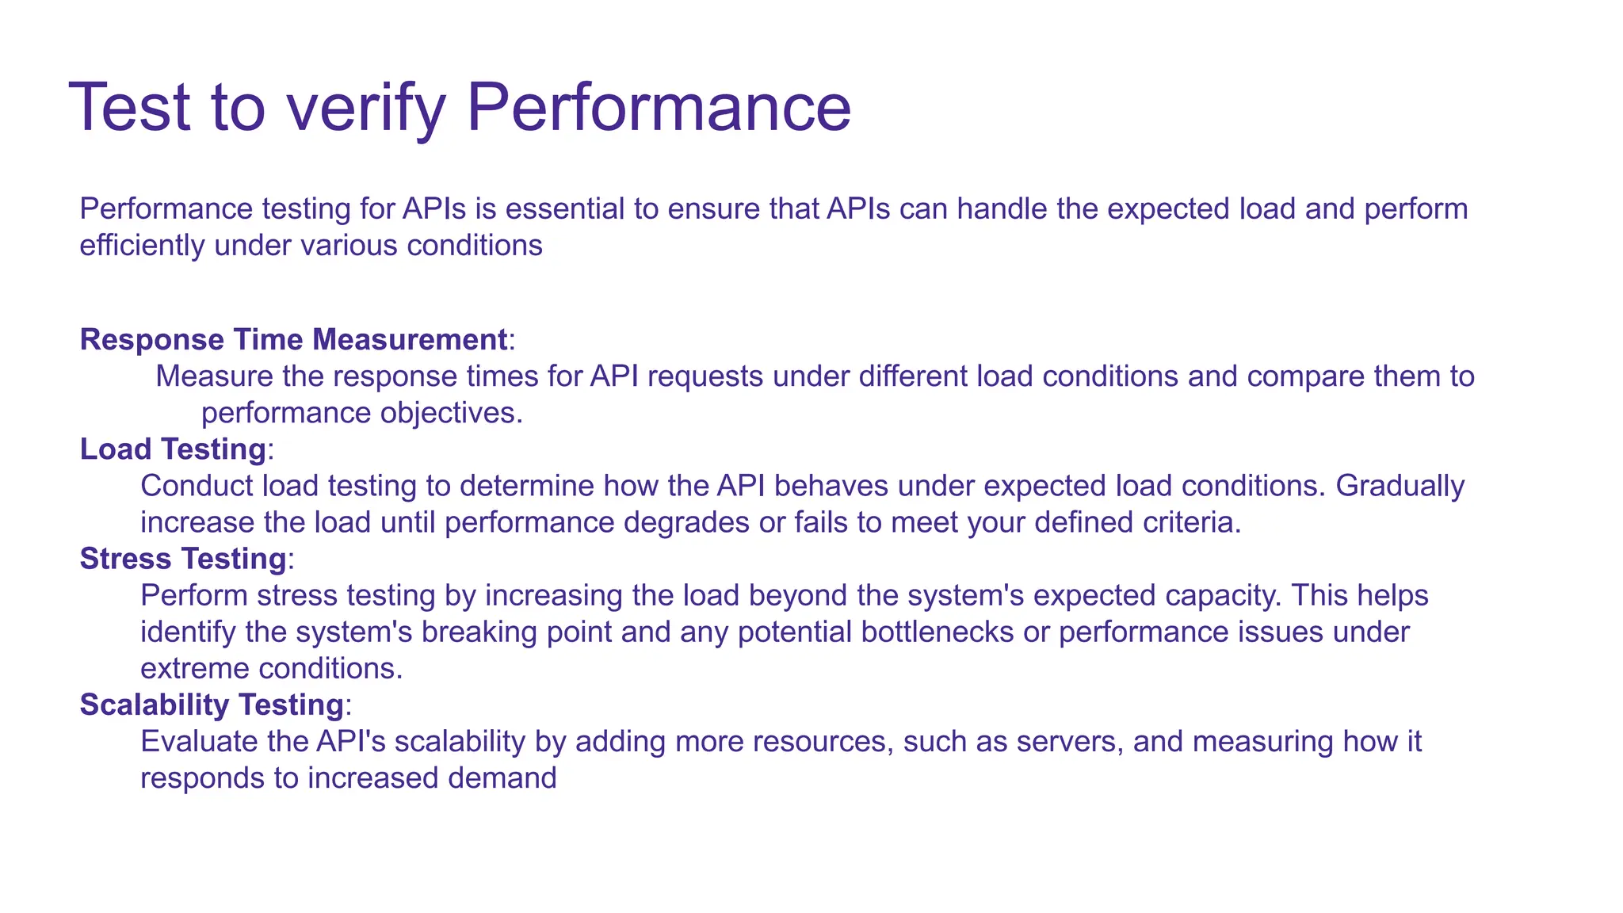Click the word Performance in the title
point(659,108)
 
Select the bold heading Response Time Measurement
point(293,339)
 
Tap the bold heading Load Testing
point(173,449)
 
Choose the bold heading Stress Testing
point(182,559)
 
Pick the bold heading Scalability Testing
point(212,705)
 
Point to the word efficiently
point(143,246)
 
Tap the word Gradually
point(1400,486)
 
